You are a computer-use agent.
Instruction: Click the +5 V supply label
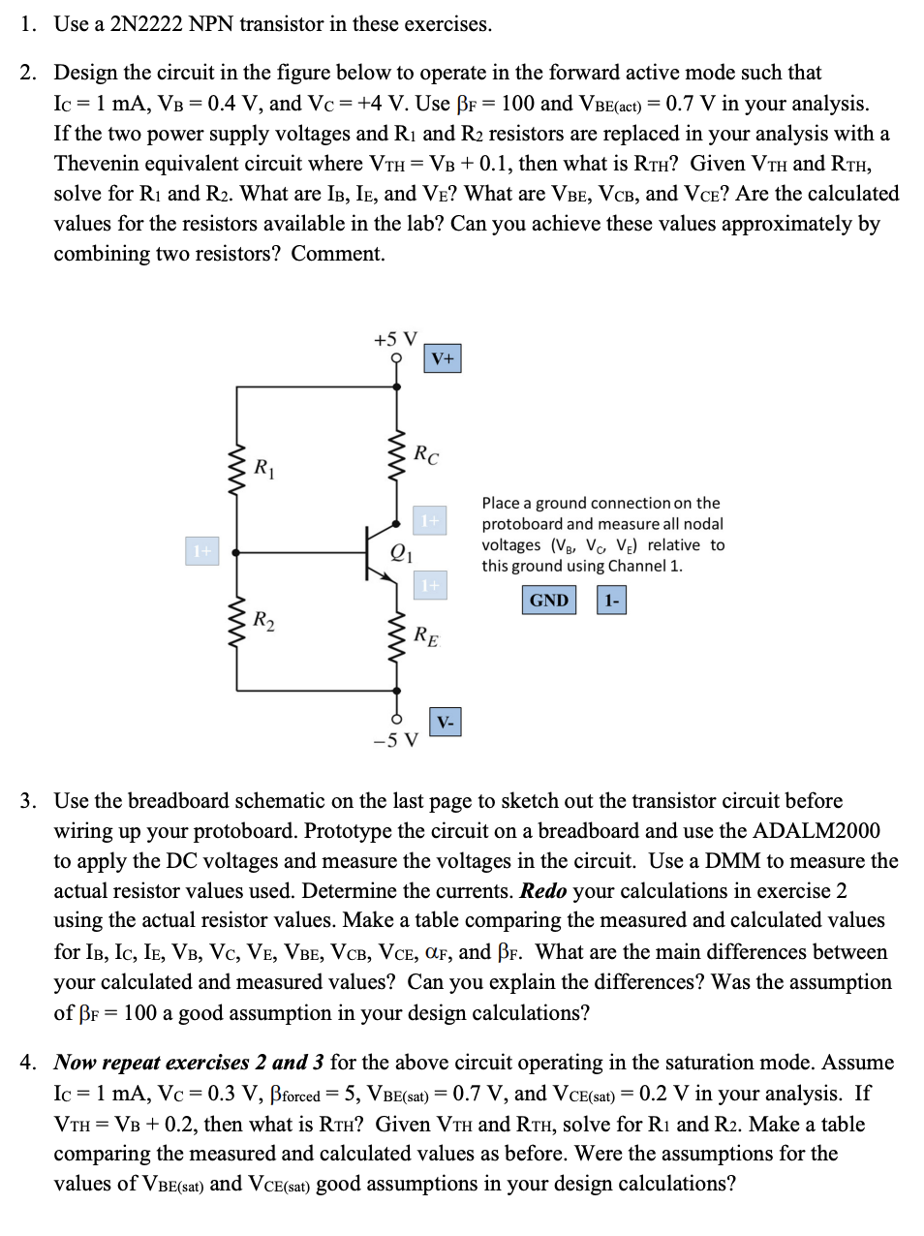395,339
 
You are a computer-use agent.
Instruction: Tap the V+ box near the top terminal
443,359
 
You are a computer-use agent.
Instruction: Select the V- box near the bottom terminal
445,723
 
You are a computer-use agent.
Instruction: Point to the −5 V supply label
395,741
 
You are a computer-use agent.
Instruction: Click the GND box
548,601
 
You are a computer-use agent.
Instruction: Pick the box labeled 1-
611,601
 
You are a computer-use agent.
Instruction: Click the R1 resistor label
263,469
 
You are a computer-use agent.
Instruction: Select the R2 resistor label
263,620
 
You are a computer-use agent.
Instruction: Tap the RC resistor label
425,453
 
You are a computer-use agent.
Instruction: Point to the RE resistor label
425,636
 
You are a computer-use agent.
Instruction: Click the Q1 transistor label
401,553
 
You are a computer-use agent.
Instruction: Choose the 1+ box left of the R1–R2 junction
201,551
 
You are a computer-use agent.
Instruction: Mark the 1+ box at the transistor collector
430,521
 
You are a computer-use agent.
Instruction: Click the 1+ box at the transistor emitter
430,585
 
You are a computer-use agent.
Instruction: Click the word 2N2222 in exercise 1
146,24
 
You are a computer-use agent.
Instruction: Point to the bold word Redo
542,891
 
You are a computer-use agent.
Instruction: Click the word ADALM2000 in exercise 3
816,831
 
